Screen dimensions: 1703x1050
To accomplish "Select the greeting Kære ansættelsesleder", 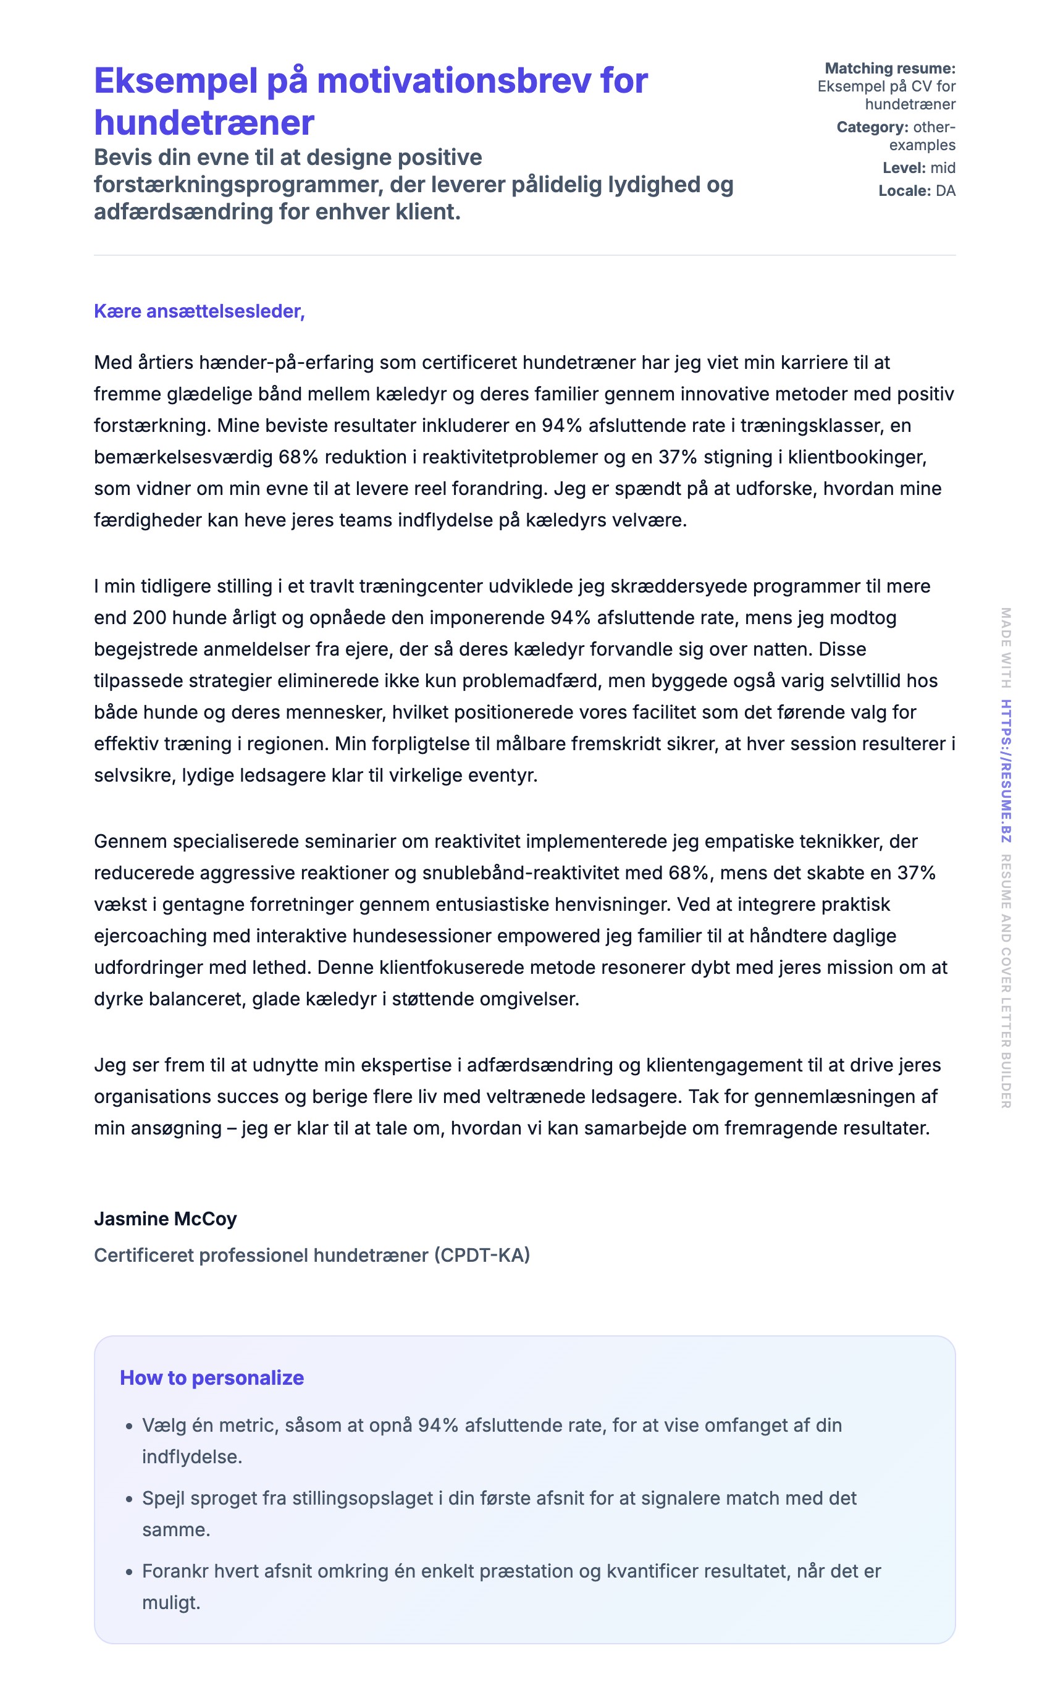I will [199, 311].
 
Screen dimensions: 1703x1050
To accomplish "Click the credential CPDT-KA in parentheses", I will [482, 1255].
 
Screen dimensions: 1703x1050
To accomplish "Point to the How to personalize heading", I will [212, 1377].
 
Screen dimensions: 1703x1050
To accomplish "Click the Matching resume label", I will [889, 68].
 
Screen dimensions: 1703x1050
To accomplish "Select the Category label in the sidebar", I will [871, 127].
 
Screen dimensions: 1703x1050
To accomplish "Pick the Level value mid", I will [943, 168].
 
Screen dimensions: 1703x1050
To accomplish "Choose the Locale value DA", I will [945, 191].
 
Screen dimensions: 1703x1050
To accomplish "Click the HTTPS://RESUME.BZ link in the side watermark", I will [1006, 771].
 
